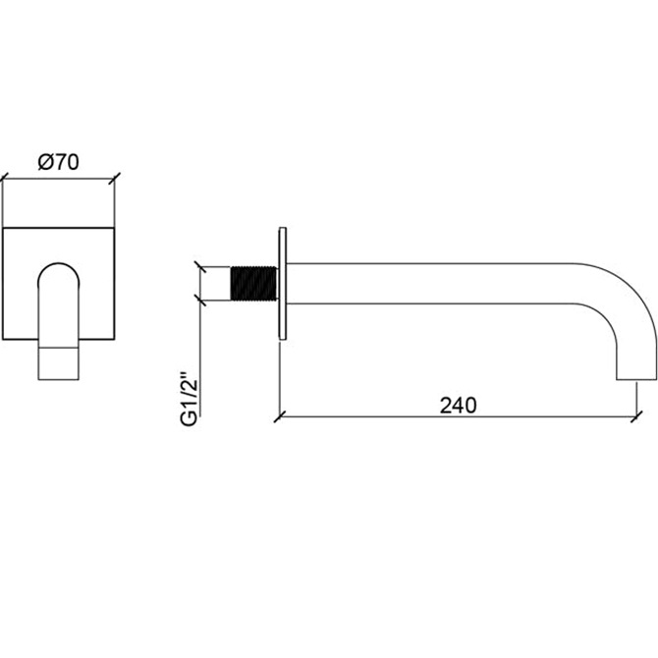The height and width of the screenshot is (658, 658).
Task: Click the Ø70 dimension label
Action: [x=58, y=162]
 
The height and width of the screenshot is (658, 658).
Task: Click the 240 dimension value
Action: [x=458, y=406]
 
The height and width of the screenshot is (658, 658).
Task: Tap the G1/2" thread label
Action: [x=189, y=399]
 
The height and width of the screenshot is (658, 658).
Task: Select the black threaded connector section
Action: [x=254, y=283]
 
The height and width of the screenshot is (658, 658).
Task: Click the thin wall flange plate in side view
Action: [x=283, y=283]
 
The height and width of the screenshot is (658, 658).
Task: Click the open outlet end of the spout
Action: [x=636, y=380]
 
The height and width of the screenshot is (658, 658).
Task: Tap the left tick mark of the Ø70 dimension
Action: [x=3, y=179]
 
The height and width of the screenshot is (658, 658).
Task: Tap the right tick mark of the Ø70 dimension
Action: [x=115, y=179]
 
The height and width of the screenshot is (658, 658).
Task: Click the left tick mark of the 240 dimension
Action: [x=280, y=416]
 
